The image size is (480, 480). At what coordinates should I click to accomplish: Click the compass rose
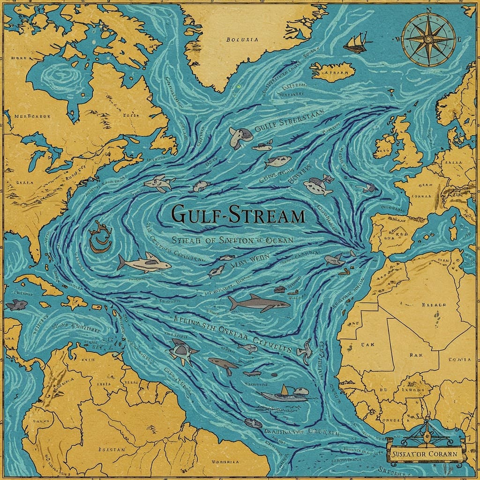[428, 39]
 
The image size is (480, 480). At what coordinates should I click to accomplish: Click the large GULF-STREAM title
[238, 215]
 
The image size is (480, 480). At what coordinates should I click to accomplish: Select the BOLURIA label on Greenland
[242, 40]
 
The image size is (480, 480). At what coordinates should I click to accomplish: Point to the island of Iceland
[333, 71]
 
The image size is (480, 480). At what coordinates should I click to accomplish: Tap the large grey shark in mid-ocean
[259, 303]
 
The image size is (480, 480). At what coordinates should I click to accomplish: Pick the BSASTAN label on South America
[112, 449]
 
